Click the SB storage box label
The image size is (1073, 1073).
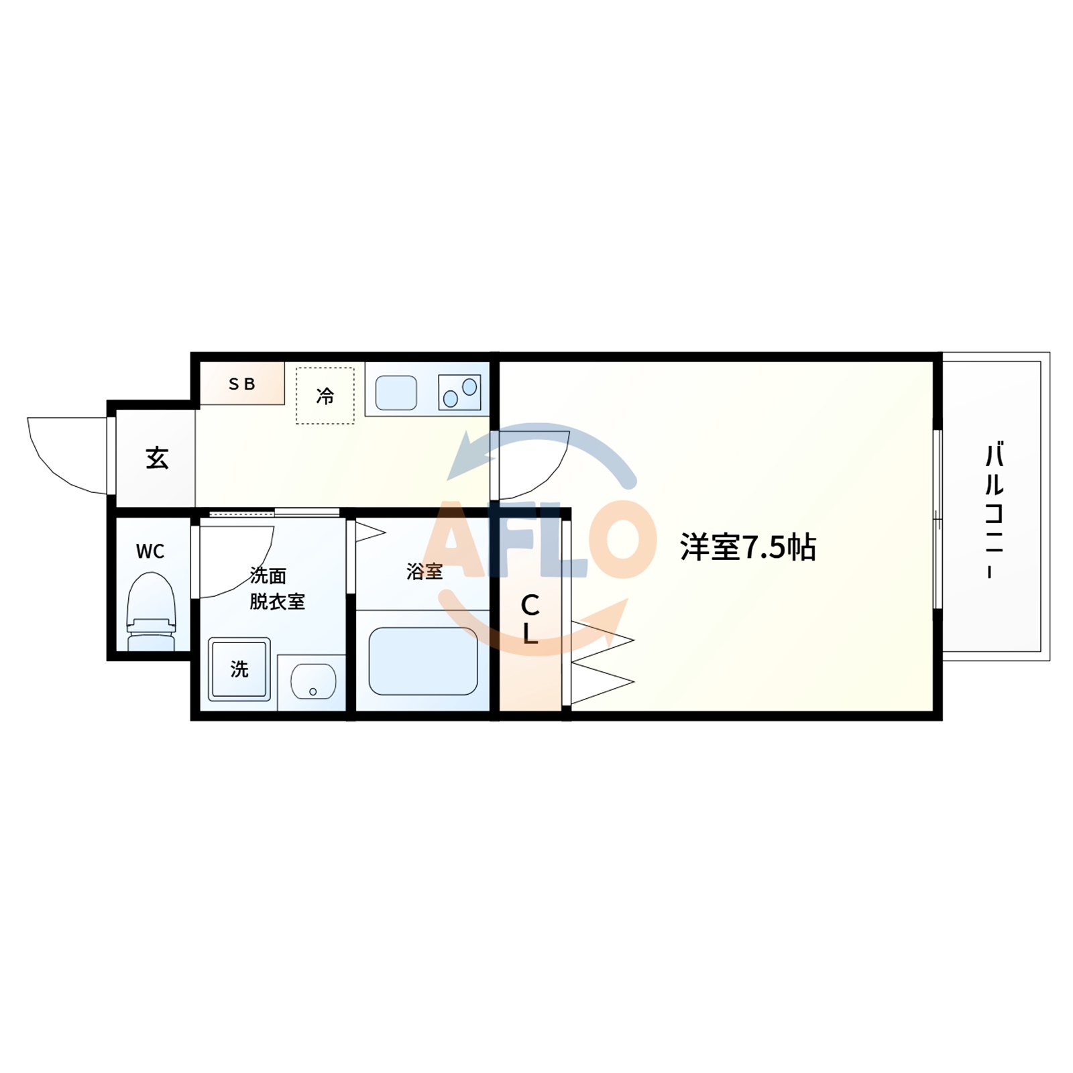(241, 384)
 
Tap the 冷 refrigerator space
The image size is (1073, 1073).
(325, 396)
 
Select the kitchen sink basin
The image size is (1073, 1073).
(396, 393)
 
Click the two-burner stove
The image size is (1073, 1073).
(459, 392)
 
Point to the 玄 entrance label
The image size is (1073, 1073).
(157, 458)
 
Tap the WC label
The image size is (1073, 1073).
(150, 551)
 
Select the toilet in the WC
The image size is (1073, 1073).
(152, 610)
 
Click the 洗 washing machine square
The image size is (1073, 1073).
(239, 669)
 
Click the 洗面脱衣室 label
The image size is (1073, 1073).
(276, 588)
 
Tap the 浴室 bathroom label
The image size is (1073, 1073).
(425, 571)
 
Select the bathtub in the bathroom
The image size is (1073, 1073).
(423, 661)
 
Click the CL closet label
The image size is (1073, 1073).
(530, 619)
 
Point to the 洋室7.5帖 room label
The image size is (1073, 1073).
(748, 547)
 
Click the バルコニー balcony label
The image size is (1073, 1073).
(993, 510)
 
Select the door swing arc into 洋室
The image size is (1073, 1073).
(536, 463)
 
